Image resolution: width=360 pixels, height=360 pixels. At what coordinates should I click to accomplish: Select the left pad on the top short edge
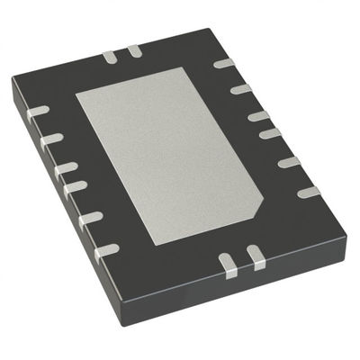pos(110,57)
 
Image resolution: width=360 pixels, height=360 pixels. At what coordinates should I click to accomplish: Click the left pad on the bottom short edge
pos(228,263)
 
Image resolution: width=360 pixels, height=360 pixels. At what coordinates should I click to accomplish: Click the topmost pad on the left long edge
pos(39,111)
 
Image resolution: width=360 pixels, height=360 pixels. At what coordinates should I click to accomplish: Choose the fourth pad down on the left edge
pos(76,186)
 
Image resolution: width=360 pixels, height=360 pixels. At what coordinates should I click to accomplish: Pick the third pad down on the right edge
pos(258,115)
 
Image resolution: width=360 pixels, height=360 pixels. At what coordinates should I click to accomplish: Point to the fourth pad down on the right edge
pos(270,134)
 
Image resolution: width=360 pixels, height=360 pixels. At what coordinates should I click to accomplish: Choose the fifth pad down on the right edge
pos(289,162)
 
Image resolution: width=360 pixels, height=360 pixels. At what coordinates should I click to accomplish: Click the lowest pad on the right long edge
pos(308,192)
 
